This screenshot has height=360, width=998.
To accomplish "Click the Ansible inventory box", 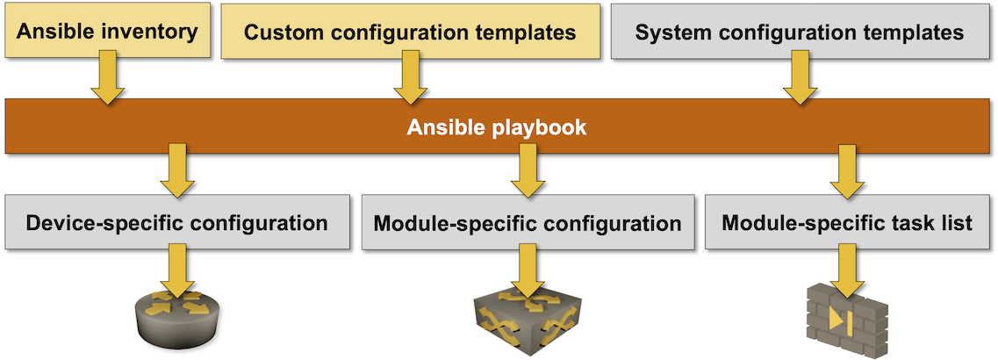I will click(x=107, y=32).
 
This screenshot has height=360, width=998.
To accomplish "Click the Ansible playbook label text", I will click(x=497, y=128).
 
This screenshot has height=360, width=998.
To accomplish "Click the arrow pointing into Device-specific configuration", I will click(x=178, y=172).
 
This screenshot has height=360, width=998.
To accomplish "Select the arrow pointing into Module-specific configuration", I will click(x=527, y=172).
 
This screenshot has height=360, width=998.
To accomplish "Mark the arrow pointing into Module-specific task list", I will click(x=847, y=172).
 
